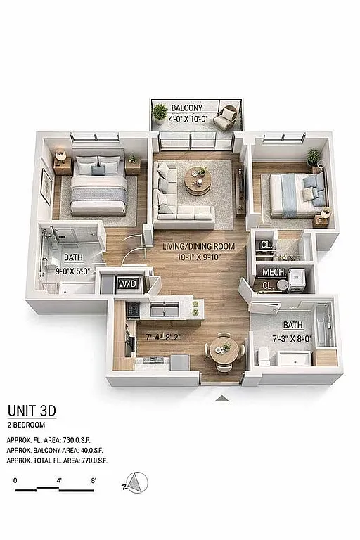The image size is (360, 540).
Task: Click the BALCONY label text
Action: pyautogui.click(x=186, y=108)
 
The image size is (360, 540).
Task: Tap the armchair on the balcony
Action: pyautogui.click(x=226, y=117)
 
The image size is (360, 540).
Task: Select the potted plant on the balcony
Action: pyautogui.click(x=160, y=112)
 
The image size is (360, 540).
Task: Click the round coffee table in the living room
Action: pyautogui.click(x=198, y=182)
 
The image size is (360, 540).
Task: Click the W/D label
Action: pyautogui.click(x=128, y=284)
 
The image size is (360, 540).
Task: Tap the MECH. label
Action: pyautogui.click(x=273, y=272)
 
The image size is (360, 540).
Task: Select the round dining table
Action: pyautogui.click(x=223, y=348)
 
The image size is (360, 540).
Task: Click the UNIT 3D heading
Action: pyautogui.click(x=32, y=411)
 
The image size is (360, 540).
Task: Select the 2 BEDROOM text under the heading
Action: pyautogui.click(x=27, y=425)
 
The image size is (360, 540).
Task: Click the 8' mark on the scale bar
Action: pyautogui.click(x=93, y=481)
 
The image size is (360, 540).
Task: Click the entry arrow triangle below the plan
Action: pyautogui.click(x=222, y=399)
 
